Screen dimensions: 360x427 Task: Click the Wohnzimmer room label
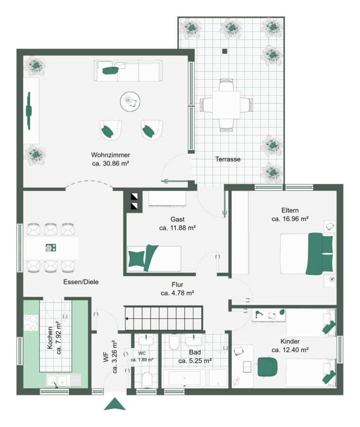[111, 155]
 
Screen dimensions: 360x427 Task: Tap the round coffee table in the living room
[130, 102]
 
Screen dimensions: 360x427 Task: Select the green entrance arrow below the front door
[115, 404]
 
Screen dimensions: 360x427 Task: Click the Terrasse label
[228, 159]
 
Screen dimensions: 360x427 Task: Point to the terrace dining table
[226, 105]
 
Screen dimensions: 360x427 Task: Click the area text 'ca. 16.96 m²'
[290, 219]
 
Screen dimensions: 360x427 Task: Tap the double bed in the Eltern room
[307, 253]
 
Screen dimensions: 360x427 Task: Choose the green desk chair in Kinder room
[268, 367]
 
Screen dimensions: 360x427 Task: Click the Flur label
[177, 285]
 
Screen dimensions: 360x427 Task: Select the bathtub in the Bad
[185, 378]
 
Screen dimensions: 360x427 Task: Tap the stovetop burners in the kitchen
[31, 323]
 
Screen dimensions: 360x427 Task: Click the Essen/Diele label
[81, 282]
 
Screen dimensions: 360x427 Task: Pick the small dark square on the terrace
[225, 51]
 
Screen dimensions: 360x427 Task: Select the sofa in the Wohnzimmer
[128, 71]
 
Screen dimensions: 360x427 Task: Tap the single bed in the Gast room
[154, 259]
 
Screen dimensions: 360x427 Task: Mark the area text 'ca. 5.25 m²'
[195, 361]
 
